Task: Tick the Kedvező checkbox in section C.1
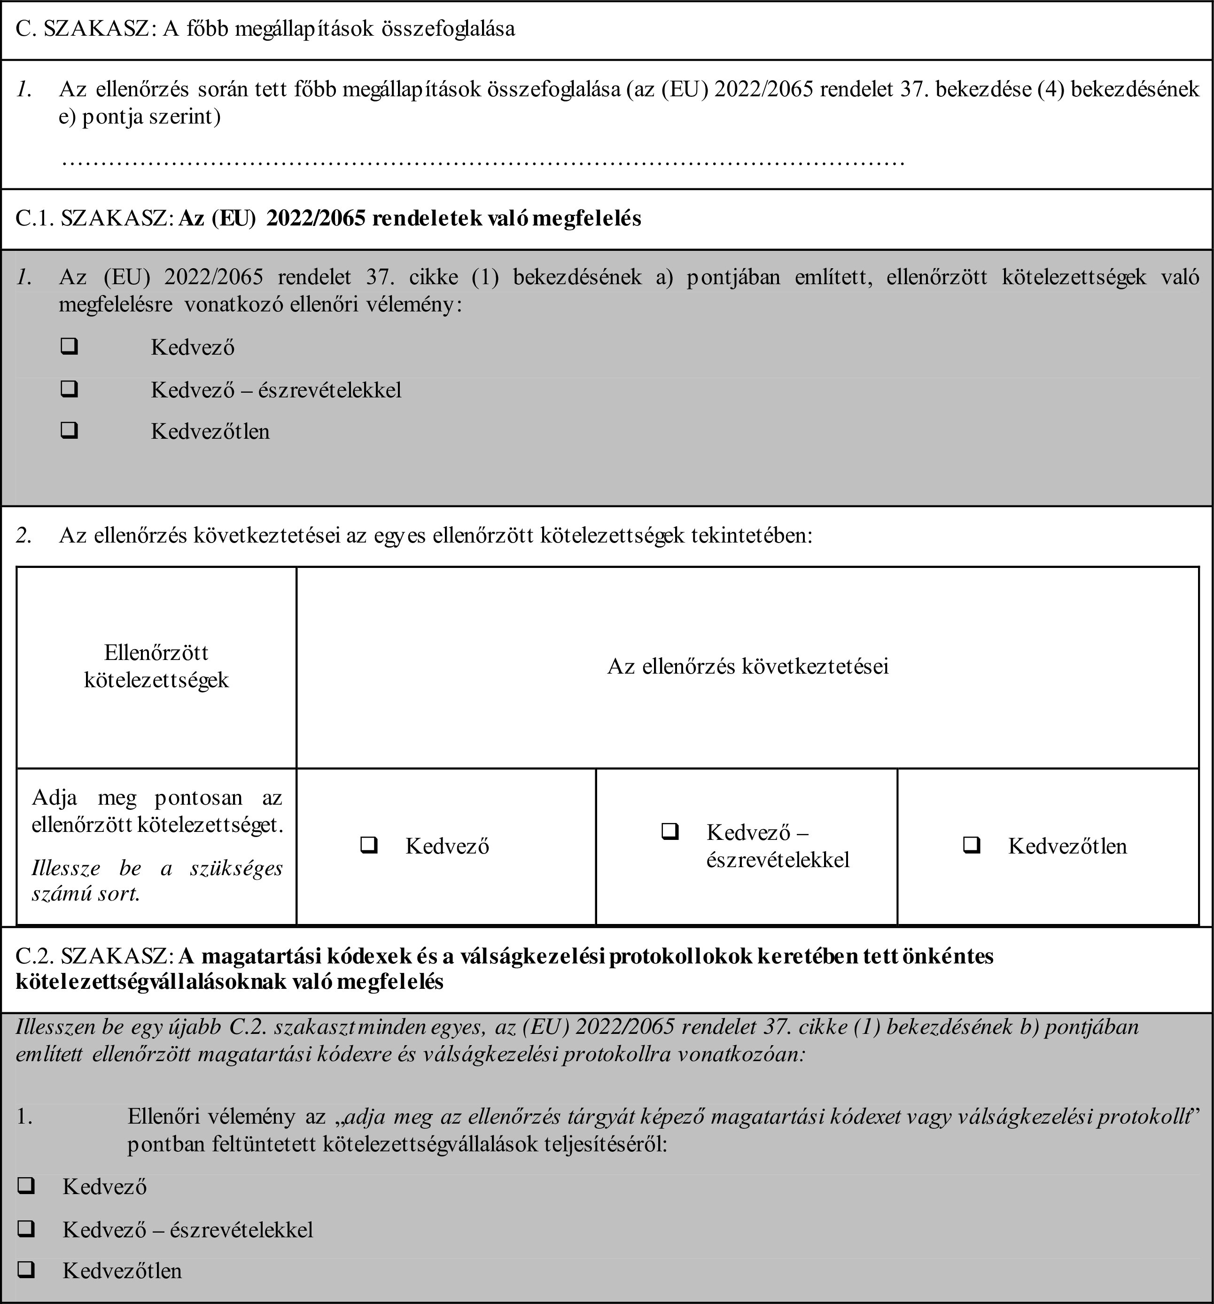(69, 346)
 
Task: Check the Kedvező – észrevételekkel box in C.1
(69, 389)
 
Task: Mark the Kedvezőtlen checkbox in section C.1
(69, 430)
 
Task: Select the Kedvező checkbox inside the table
(369, 845)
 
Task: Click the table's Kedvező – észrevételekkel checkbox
(669, 832)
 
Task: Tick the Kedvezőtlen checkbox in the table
(971, 845)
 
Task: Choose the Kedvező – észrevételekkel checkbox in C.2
(26, 1228)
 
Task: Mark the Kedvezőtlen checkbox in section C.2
(26, 1270)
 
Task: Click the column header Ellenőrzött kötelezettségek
(156, 666)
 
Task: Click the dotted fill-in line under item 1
(482, 161)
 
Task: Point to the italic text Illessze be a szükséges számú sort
(157, 880)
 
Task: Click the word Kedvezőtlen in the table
(1067, 846)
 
